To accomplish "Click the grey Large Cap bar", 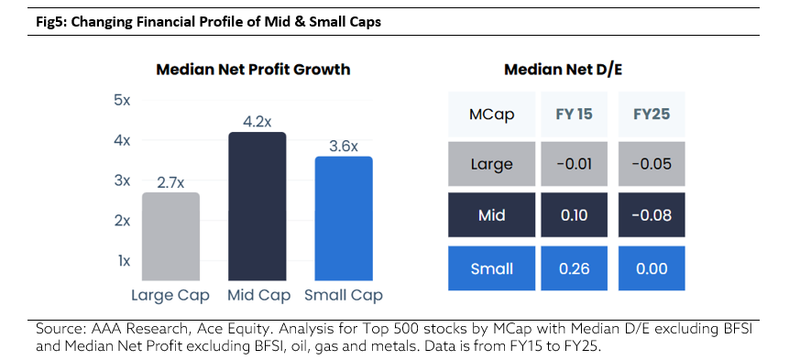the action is (x=170, y=236).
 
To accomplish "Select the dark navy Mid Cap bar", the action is (x=257, y=206).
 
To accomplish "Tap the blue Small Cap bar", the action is (x=344, y=218).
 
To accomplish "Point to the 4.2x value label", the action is (x=258, y=122).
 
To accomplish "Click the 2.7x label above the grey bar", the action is (x=170, y=182).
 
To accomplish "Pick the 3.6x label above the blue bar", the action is (x=344, y=147).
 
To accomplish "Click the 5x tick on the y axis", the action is (x=122, y=101).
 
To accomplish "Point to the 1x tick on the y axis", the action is (x=123, y=261).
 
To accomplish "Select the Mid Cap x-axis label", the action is (x=259, y=296).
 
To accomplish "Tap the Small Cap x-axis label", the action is (x=344, y=296).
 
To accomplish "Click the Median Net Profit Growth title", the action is (x=254, y=70).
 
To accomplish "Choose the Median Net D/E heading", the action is (x=564, y=70).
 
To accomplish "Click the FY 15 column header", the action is (x=574, y=115).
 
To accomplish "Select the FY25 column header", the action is (x=652, y=115).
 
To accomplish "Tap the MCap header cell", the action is (x=492, y=115).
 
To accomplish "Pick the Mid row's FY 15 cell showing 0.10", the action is (x=574, y=214).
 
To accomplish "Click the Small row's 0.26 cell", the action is (x=574, y=268).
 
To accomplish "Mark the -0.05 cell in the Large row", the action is (x=652, y=164).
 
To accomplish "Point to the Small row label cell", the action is (x=492, y=268).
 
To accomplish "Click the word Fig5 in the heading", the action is (x=47, y=23).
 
